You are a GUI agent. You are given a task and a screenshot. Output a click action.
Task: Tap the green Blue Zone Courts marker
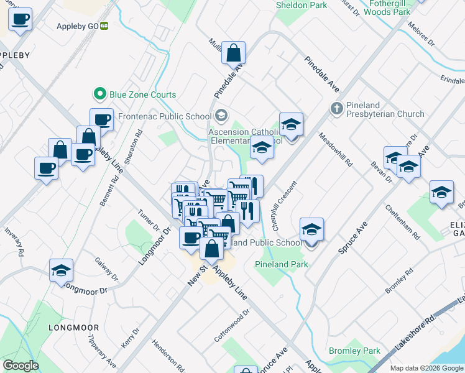[x=99, y=94]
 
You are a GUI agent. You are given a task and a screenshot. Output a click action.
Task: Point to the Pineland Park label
[x=281, y=264]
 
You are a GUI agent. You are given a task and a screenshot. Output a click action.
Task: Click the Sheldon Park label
[x=302, y=5]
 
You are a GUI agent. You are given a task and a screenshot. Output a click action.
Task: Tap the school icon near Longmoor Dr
[x=62, y=271]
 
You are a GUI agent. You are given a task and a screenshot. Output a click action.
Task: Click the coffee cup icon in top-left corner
[x=21, y=19]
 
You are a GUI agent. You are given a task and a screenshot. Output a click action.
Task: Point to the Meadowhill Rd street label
[x=336, y=150]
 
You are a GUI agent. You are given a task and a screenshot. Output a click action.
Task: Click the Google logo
[x=21, y=366]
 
